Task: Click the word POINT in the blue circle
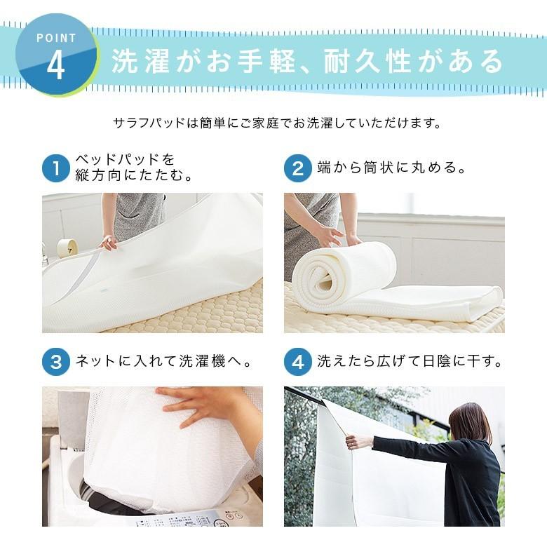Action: (55, 38)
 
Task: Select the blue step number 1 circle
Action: (56, 169)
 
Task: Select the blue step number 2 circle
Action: (297, 169)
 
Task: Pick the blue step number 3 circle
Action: (56, 363)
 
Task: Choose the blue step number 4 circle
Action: (297, 363)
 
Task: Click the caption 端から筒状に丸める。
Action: (391, 168)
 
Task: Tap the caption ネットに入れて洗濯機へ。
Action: (163, 363)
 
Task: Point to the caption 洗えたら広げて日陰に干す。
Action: (410, 363)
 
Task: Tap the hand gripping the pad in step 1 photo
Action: (109, 243)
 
